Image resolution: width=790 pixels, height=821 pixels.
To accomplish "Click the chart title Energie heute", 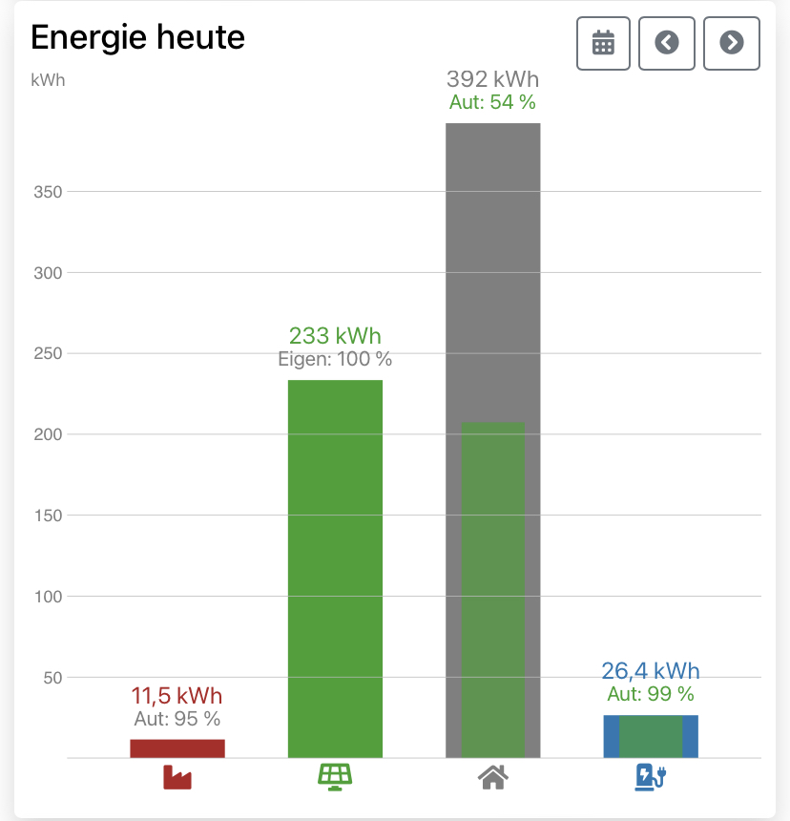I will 138,38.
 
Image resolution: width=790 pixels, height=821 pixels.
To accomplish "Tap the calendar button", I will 604,43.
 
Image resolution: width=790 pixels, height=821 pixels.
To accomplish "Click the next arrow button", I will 731,43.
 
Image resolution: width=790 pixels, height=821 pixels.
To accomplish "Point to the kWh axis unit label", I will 48,80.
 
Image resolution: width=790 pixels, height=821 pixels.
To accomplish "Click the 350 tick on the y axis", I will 47,192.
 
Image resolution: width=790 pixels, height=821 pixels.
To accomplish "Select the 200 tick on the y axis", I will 47,434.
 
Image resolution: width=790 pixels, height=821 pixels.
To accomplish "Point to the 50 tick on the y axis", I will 51,678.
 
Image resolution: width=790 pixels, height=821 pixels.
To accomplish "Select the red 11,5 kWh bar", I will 177,748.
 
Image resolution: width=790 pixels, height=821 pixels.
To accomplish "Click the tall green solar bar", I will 335,568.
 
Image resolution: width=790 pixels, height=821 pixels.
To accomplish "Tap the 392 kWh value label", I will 492,79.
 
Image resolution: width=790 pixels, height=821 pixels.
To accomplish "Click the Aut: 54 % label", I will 492,102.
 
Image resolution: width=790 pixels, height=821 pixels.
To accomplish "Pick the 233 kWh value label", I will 335,336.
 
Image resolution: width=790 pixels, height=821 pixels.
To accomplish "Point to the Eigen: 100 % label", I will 335,360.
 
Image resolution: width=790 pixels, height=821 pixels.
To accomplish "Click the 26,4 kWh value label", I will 651,670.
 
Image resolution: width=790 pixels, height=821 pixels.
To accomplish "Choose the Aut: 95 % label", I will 177,719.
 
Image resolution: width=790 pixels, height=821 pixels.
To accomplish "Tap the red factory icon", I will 177,778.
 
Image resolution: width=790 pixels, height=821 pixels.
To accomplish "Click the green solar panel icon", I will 335,777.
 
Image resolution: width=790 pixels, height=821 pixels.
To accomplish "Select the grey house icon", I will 492,778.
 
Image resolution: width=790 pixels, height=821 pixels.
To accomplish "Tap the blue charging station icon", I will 650,777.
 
